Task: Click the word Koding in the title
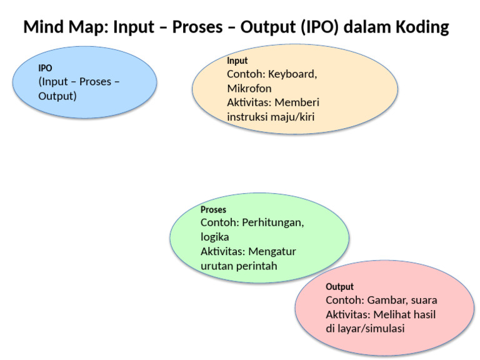[x=420, y=27]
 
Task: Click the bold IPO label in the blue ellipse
[x=45, y=68]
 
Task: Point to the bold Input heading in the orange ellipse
[x=237, y=61]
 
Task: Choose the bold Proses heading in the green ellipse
[x=213, y=209]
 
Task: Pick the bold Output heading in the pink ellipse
[x=339, y=287]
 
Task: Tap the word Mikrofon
[x=249, y=88]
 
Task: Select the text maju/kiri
[x=298, y=117]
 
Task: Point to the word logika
[x=214, y=237]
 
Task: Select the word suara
[x=423, y=300]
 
